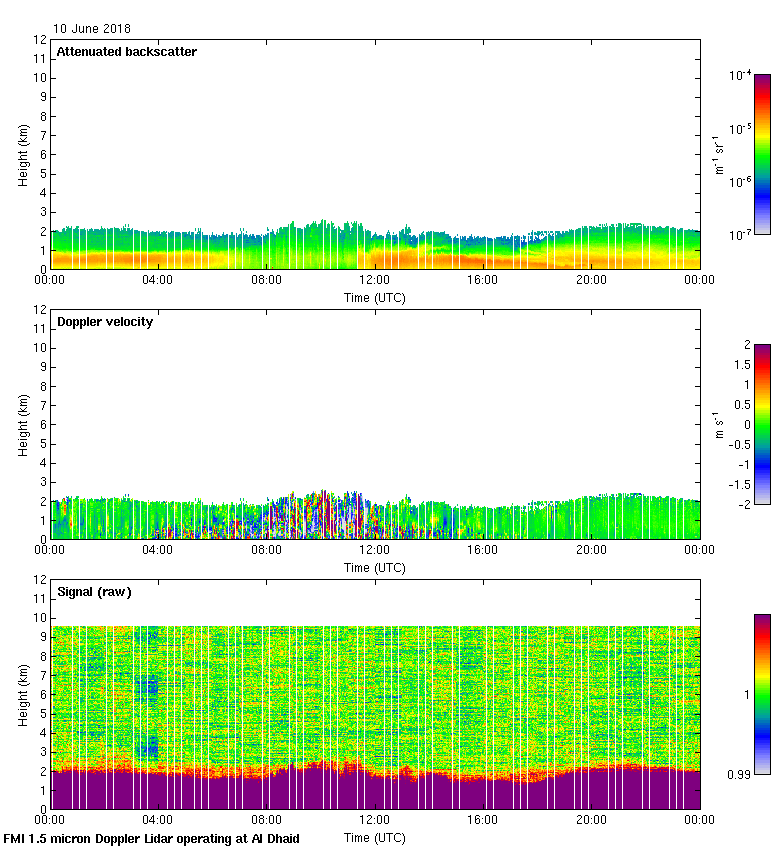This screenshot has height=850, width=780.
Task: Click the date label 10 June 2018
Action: (92, 29)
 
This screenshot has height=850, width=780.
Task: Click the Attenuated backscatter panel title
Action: (126, 51)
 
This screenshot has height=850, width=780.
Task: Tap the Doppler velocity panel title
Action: (105, 322)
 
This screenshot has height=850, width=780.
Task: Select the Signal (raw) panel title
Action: (94, 592)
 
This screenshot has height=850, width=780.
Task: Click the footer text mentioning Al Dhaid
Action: (152, 839)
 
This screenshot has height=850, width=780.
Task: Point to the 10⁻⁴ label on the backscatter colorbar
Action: (741, 75)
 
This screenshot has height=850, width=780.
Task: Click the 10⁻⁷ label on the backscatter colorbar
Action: (741, 234)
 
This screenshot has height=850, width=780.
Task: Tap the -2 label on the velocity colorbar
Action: (746, 504)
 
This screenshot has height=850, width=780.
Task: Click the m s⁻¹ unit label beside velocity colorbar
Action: (718, 424)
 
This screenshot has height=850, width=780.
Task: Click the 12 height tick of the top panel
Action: (41, 40)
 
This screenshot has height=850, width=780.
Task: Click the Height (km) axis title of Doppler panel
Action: (23, 424)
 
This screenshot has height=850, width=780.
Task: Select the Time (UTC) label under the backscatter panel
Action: (375, 297)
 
